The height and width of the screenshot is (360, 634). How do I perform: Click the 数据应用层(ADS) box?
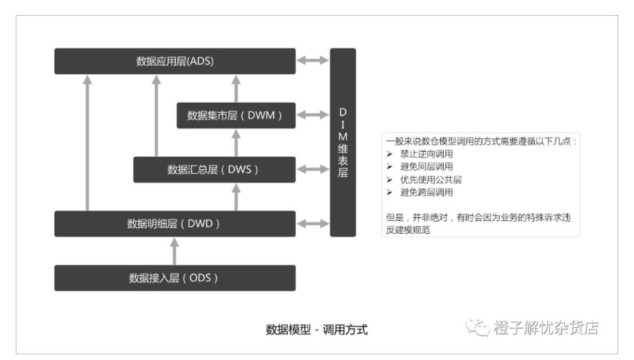175,61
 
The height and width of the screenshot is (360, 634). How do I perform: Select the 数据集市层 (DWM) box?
236,115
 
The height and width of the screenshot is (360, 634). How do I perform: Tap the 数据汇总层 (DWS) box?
214,170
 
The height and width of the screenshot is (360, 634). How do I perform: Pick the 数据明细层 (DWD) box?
175,224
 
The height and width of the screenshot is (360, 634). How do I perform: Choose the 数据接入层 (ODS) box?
175,278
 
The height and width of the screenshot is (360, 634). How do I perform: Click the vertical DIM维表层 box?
343,143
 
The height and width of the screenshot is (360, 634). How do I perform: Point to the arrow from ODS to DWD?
175,251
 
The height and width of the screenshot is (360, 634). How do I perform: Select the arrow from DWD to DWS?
236,197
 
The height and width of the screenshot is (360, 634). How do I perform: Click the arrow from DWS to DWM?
236,143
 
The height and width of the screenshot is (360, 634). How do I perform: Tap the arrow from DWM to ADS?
236,88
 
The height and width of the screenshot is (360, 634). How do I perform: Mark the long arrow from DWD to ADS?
88,143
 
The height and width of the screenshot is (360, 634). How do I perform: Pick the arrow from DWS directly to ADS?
157,115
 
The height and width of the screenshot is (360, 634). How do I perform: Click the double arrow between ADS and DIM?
313,61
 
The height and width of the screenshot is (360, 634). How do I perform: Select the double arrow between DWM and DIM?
313,115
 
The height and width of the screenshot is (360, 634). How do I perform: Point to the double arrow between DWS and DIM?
313,169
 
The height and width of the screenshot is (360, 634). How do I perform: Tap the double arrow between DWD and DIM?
313,223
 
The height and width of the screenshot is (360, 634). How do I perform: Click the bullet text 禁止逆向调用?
427,154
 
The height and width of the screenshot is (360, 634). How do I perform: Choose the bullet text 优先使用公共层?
431,180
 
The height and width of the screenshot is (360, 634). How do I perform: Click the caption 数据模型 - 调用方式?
316,329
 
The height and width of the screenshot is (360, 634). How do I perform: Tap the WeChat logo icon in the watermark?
477,326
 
